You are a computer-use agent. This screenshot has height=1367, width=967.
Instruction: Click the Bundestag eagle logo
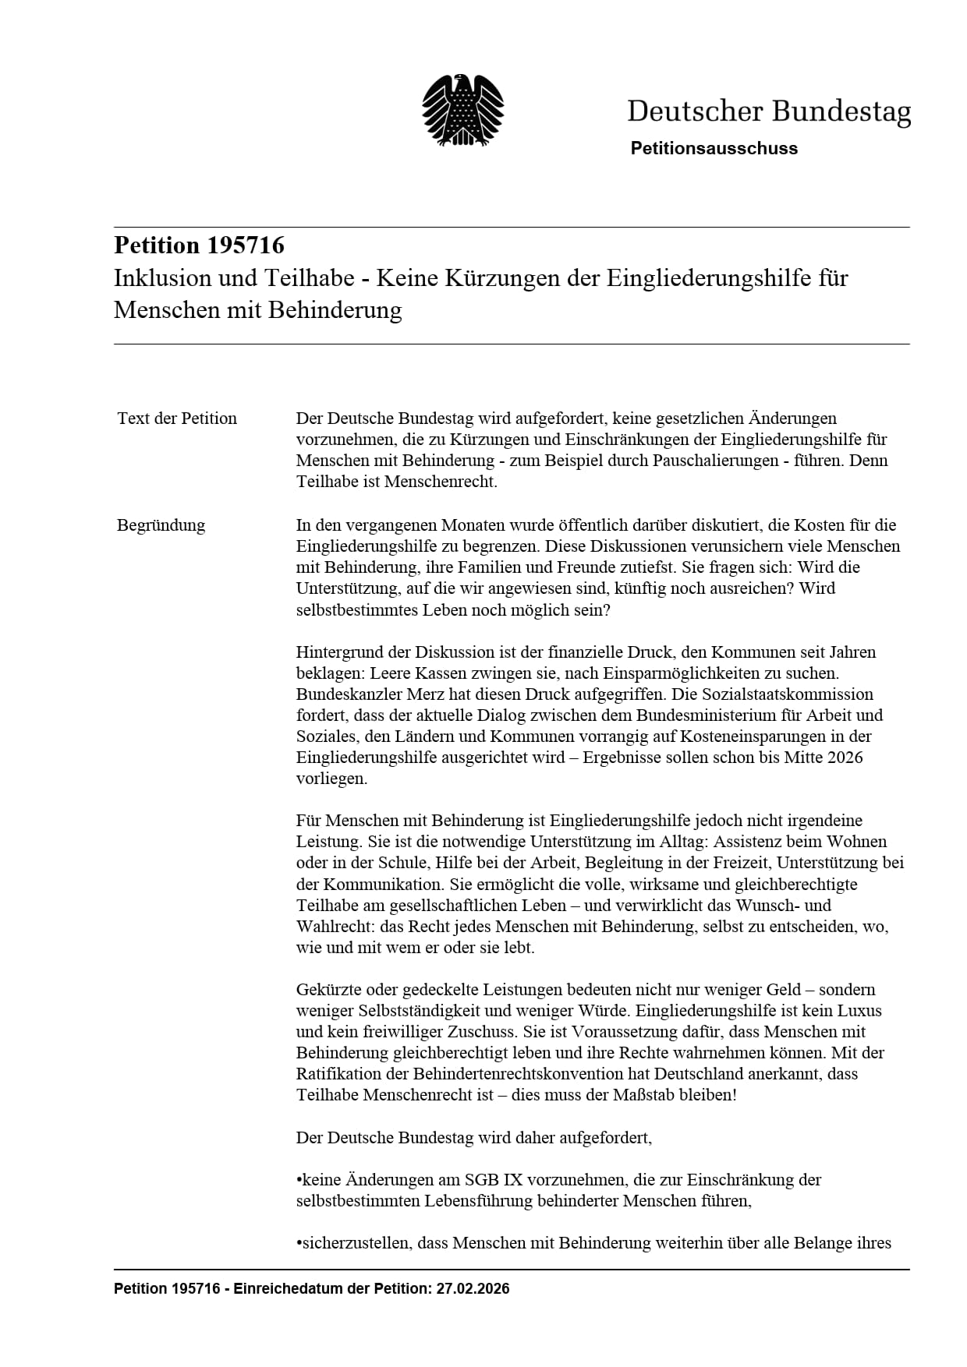[x=462, y=110]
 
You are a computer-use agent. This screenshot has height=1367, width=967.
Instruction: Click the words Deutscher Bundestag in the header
[x=768, y=111]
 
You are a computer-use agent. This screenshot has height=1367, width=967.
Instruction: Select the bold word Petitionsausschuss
[x=714, y=149]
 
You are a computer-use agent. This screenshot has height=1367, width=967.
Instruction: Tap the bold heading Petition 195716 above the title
[x=199, y=245]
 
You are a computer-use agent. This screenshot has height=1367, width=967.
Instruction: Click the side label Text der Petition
[x=177, y=419]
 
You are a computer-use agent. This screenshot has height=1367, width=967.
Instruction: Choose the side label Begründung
[x=161, y=525]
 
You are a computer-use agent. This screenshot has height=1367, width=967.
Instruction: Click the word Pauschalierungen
[x=703, y=461]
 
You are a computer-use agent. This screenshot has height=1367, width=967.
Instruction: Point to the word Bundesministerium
[x=706, y=715]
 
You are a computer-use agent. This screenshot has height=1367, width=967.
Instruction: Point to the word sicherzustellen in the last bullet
[x=356, y=1243]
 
